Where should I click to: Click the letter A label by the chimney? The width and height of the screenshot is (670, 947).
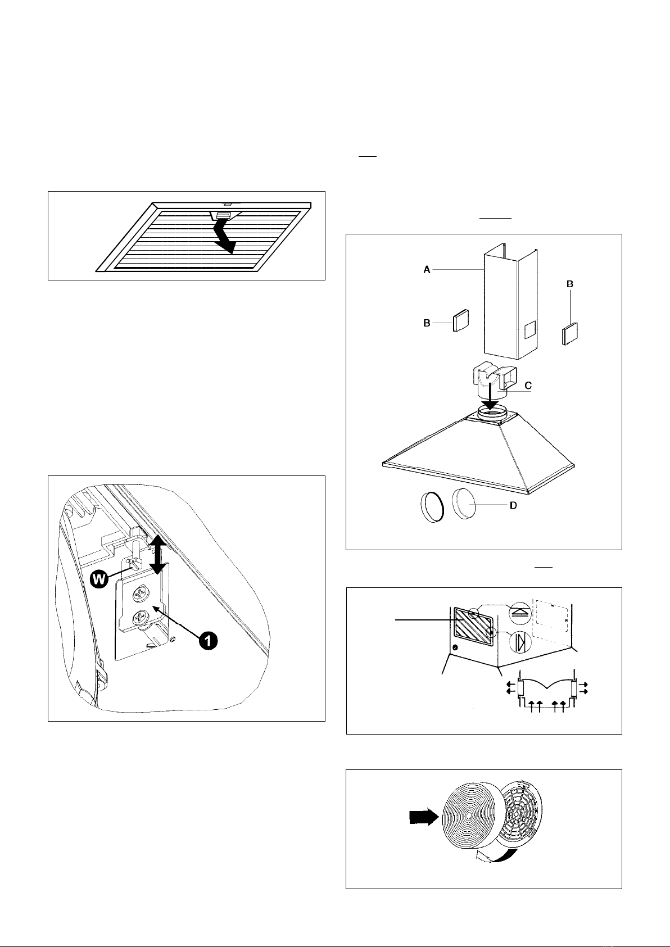click(427, 270)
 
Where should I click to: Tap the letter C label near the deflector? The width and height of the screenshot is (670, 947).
click(528, 386)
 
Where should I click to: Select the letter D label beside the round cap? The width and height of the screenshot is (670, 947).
click(513, 506)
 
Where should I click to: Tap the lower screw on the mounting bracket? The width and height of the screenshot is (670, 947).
click(138, 619)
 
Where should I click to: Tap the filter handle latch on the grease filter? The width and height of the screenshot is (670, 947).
click(223, 215)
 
